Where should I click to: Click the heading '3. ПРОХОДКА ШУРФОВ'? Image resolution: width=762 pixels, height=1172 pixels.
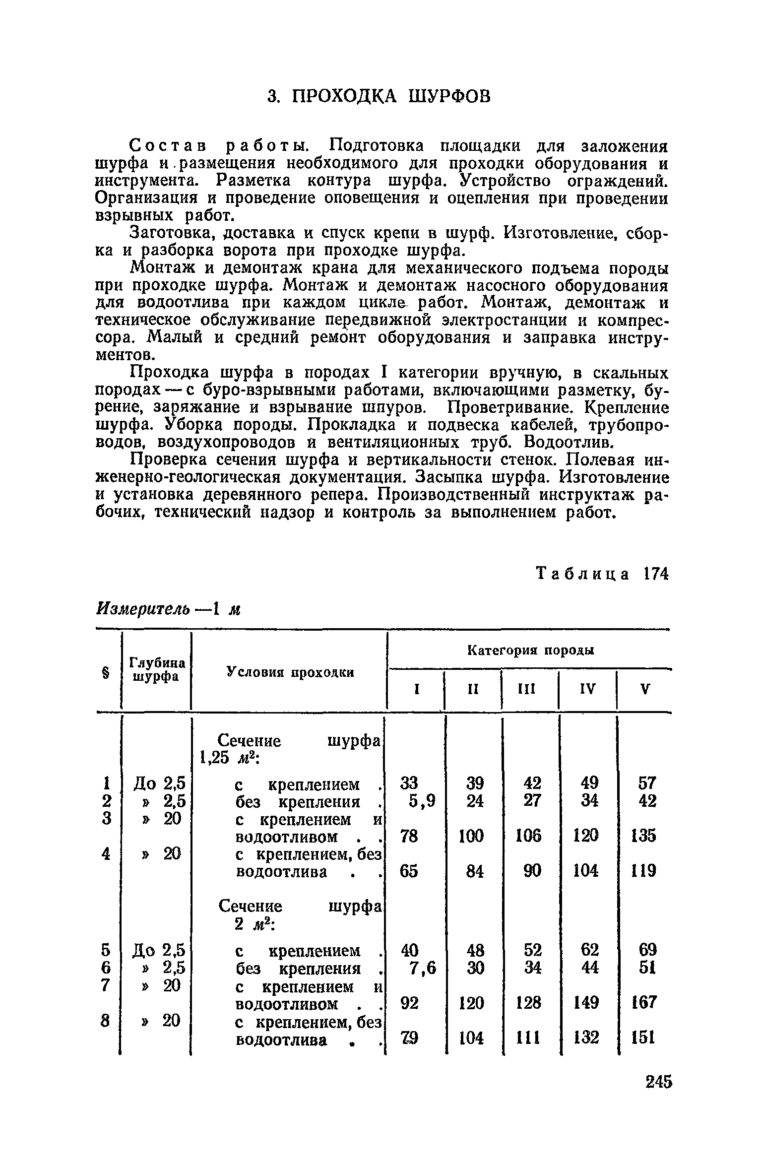379,96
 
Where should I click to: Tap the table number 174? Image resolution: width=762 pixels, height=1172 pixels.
655,574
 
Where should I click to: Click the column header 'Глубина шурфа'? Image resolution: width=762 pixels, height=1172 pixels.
157,670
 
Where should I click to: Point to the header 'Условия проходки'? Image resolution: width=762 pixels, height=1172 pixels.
290,672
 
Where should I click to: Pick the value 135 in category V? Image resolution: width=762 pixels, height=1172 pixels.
644,837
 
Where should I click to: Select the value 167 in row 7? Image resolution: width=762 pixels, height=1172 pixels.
644,1003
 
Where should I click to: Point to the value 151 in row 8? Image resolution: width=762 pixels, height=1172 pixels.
644,1038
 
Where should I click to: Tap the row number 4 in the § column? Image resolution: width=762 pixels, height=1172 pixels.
105,854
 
